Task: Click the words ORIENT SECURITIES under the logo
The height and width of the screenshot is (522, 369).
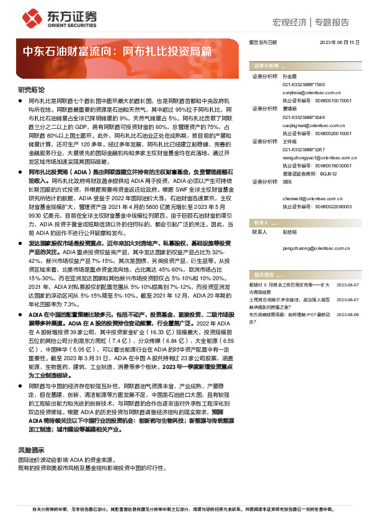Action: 68,27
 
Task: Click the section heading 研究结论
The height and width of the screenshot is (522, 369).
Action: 31,90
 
